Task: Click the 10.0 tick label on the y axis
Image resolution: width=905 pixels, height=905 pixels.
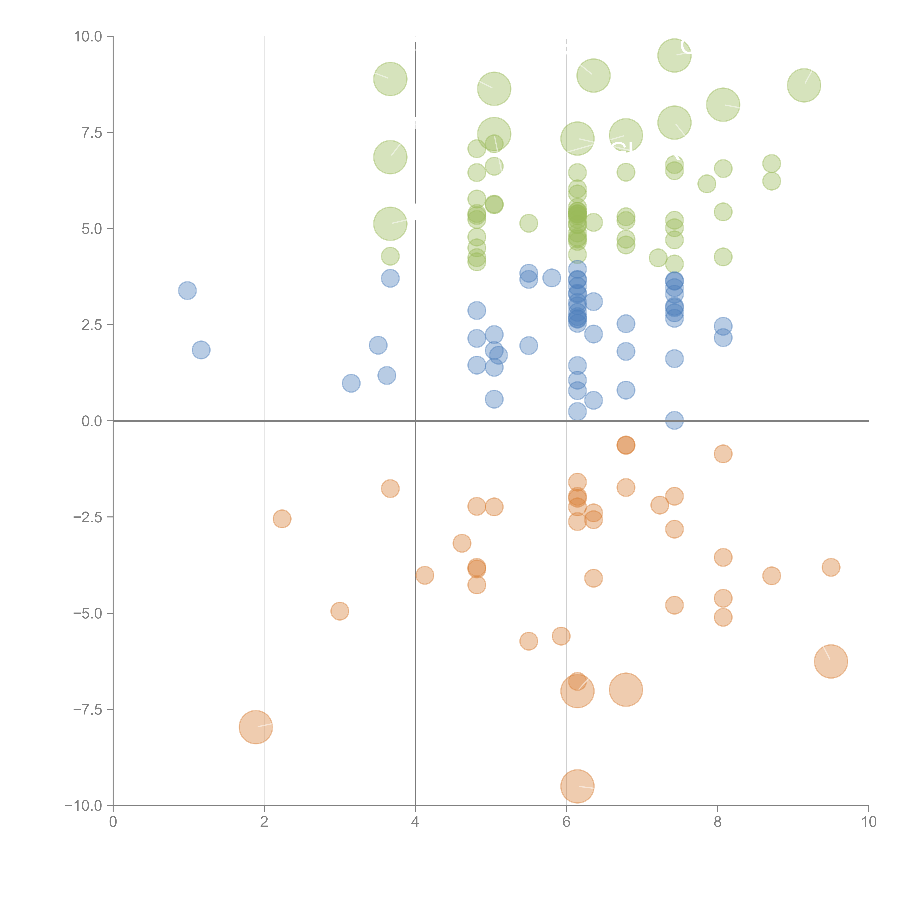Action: (88, 37)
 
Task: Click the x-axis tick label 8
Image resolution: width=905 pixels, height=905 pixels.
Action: (717, 822)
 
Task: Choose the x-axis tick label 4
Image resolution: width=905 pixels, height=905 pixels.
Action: (415, 822)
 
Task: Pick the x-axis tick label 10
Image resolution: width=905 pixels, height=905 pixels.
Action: (868, 822)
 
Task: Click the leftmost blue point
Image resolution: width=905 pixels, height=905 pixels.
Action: (187, 291)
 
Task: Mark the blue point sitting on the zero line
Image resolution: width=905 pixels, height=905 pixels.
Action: (674, 421)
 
